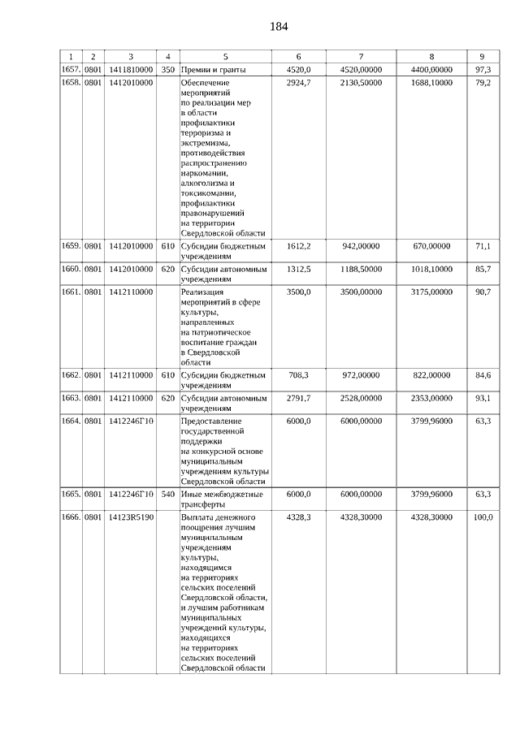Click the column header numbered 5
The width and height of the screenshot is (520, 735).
tap(225, 56)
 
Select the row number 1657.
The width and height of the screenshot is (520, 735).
tap(71, 70)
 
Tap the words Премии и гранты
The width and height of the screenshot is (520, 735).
tap(213, 70)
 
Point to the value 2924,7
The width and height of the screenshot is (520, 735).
tap(299, 84)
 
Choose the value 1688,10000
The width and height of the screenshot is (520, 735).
tap(430, 84)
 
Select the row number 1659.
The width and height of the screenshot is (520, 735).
tap(71, 245)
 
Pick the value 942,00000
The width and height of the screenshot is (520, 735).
tap(362, 245)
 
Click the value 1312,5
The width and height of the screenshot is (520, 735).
tap(299, 268)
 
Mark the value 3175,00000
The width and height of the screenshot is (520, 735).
tap(430, 291)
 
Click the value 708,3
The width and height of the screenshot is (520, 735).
tap(301, 375)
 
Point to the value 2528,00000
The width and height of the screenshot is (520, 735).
tap(362, 398)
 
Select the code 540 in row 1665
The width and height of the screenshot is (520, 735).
tap(168, 494)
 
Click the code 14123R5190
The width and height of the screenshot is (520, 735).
tap(130, 517)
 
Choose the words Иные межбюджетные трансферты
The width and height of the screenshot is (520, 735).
tap(222, 499)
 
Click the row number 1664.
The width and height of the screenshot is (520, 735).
tap(71, 421)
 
